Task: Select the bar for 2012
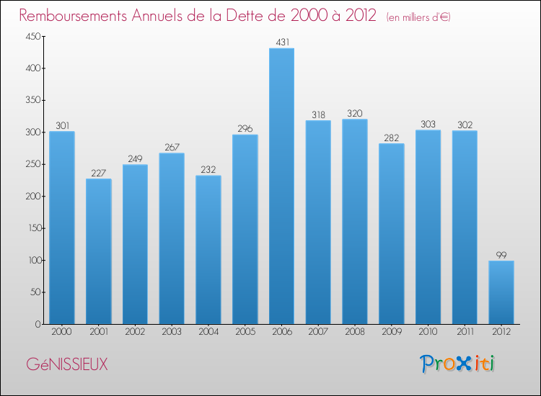(501, 292)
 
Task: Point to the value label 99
(501, 255)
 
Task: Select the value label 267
(172, 147)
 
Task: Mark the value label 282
(392, 138)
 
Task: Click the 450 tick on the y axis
(32, 36)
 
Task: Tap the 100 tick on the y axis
(32, 260)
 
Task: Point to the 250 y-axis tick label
(32, 164)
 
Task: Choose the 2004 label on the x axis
(208, 332)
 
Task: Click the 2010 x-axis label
(428, 332)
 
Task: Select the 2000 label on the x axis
(62, 332)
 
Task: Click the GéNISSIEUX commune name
(67, 365)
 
